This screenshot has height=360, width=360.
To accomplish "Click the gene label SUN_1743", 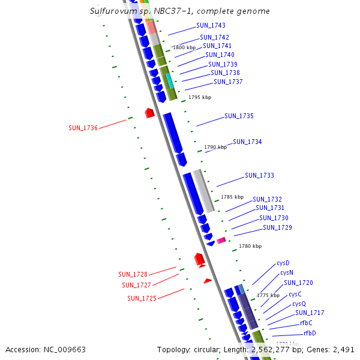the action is [211, 26].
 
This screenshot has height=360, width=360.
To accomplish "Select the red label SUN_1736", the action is [83, 128].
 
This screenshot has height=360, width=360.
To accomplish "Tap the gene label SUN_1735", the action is [239, 116].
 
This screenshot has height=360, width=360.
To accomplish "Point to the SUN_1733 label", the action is [259, 175].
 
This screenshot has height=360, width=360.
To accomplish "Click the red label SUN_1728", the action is [133, 274].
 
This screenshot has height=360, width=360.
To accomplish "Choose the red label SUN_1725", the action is [142, 298].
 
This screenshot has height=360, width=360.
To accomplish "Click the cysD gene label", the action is [283, 263].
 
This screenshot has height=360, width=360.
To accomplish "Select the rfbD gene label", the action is [310, 333].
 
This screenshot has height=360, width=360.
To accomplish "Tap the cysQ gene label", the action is [299, 304].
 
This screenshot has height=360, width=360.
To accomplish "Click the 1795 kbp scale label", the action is [200, 97].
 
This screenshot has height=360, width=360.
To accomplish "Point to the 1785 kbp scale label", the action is [232, 197].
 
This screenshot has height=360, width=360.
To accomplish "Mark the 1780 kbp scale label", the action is [250, 246].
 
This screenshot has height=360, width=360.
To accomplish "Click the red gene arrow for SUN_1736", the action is [150, 112].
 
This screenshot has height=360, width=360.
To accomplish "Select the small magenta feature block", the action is [221, 240].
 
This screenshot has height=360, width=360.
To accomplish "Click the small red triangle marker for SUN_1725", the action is [208, 280].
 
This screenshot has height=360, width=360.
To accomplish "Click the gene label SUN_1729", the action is [277, 227].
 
